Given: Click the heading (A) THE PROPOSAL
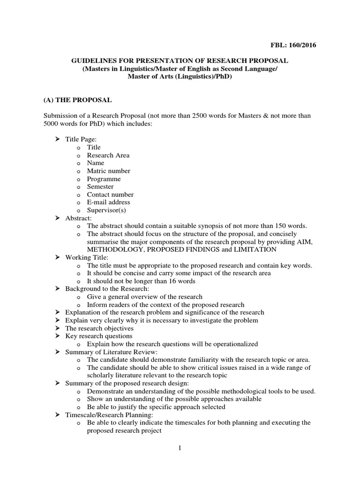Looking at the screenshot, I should (x=78, y=100).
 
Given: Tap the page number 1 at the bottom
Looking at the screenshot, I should (x=180, y=448).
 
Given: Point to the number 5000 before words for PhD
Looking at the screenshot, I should (x=52, y=123).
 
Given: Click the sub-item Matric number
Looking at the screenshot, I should (x=109, y=171).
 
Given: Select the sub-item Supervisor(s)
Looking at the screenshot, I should (x=106, y=210).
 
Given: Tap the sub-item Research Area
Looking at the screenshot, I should (x=108, y=155).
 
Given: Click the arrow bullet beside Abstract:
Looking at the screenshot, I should (x=57, y=218).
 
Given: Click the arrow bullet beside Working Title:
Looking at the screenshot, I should (x=57, y=257).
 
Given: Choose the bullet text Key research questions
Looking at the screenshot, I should (x=99, y=336).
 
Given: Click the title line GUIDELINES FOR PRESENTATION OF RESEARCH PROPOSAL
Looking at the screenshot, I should (x=180, y=61).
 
